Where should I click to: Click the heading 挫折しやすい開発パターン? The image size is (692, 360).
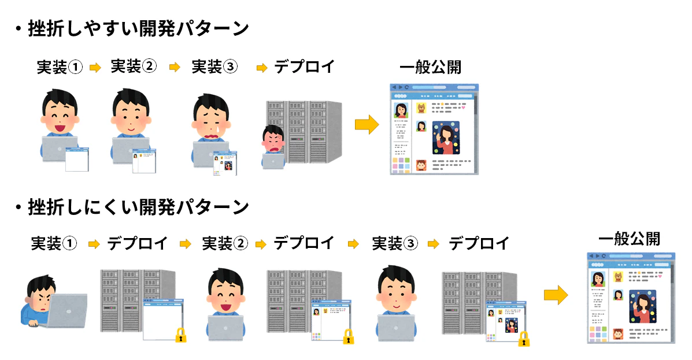[x=138, y=29]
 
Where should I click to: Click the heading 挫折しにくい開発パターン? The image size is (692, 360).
[x=138, y=207]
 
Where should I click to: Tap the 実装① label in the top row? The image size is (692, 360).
[x=60, y=67]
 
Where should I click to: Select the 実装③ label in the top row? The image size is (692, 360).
[x=214, y=66]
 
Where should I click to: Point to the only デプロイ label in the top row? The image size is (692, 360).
[x=305, y=66]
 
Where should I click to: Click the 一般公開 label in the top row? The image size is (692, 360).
[x=430, y=68]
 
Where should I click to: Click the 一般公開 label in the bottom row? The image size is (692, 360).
[x=630, y=239]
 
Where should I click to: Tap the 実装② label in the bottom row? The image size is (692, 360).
[x=225, y=243]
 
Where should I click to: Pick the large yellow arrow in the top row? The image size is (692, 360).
[x=367, y=124]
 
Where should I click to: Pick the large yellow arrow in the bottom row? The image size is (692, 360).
[x=556, y=295]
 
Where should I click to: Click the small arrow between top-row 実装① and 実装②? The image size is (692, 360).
[x=95, y=68]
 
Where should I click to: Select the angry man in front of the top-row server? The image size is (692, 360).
[x=273, y=147]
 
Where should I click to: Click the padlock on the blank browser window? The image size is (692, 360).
[x=181, y=335]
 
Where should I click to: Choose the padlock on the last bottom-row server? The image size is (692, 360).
[x=524, y=339]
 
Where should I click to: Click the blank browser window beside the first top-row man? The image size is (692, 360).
[x=77, y=159]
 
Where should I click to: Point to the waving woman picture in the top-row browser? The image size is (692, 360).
[x=446, y=138]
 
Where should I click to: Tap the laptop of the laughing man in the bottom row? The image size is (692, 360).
[x=225, y=328]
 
